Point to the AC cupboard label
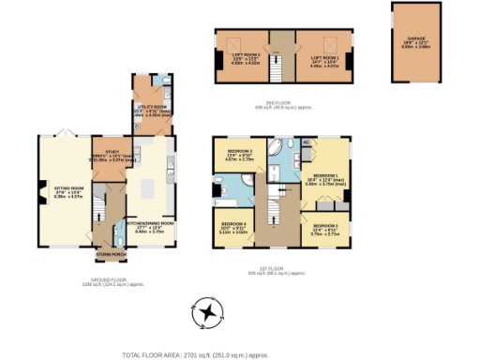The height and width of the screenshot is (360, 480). pos(307,142)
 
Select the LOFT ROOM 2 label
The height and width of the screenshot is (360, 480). pos(244,61)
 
